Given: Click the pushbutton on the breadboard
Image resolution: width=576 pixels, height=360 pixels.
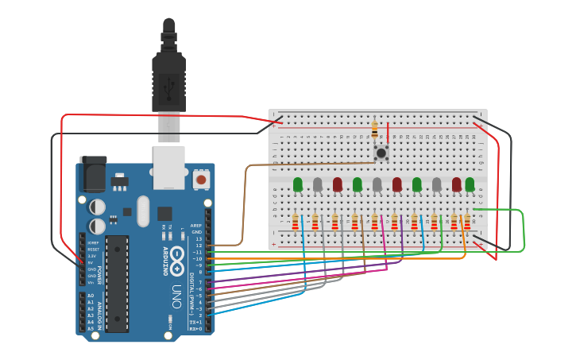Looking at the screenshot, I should point(381,152).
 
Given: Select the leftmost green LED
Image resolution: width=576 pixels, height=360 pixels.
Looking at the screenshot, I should point(298,185).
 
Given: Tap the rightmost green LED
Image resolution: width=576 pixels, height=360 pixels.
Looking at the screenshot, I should point(470,185).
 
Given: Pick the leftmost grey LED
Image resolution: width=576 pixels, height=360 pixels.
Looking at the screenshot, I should point(318,185).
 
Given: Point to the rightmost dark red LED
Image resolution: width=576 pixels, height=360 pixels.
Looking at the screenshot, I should point(457,185).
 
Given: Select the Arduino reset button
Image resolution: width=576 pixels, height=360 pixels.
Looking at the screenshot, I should point(202,180).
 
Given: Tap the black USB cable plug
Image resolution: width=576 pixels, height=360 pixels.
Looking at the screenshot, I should point(168,79).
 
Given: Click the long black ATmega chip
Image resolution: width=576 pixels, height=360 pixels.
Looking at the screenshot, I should point(117,283).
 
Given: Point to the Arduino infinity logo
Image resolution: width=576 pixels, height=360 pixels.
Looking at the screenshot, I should point(176,257).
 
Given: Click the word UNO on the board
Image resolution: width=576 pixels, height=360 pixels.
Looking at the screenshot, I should point(177,296).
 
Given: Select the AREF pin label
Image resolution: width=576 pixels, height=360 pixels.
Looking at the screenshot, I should point(195,226).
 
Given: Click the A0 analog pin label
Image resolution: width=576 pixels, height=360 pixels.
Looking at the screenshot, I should point(90,296).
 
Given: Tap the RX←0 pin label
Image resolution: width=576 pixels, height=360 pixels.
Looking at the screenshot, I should point(195,327).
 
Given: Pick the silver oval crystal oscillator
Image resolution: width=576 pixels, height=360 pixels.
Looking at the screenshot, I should point(143,211).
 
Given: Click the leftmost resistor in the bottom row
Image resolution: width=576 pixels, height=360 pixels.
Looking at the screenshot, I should point(296,222).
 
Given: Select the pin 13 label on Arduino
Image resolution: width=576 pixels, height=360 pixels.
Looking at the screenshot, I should point(198,238).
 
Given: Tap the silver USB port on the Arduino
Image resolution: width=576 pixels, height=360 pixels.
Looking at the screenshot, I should point(168,168).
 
